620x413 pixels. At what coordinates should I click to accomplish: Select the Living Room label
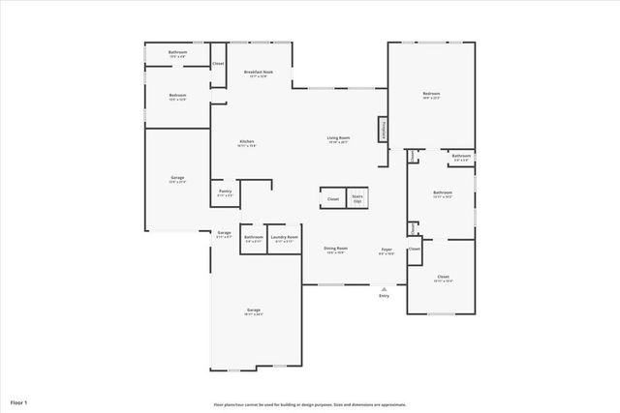pos(337,139)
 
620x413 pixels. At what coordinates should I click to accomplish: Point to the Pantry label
pos(225,192)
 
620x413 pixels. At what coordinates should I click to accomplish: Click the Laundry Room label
pos(284,238)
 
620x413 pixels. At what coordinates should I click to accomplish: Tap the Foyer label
pos(386,250)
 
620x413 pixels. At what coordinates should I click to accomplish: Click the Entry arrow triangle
pos(385,288)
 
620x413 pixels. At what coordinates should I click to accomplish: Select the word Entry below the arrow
pos(385,295)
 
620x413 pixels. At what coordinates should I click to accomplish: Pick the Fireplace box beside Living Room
pos(384,131)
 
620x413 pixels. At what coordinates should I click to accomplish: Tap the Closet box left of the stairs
pos(332,199)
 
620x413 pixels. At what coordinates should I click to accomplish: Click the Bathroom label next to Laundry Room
pos(254,238)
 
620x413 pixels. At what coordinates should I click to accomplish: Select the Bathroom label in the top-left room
pos(177,53)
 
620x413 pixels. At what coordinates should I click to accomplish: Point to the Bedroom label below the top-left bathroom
pos(177,96)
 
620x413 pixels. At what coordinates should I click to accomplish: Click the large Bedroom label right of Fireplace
pos(431,95)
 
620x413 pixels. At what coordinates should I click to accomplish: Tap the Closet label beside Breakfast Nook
pos(218,64)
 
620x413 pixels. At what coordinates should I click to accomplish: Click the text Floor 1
pos(19,400)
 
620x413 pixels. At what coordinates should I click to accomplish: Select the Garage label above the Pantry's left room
pos(177,178)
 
